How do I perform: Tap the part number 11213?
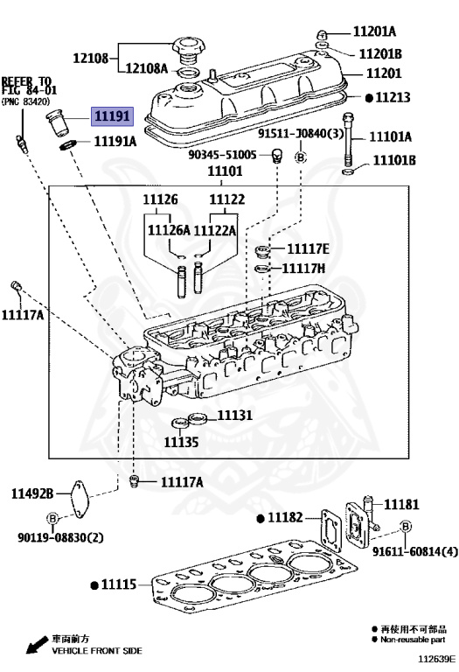click(393, 98)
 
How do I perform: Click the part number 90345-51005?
click(222, 154)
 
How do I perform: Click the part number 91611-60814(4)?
click(414, 551)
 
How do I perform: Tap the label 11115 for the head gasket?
click(118, 584)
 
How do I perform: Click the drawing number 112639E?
click(435, 658)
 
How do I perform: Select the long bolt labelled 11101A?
click(351, 136)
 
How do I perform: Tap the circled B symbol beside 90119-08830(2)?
click(52, 518)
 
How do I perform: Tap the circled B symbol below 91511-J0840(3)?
click(300, 157)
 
